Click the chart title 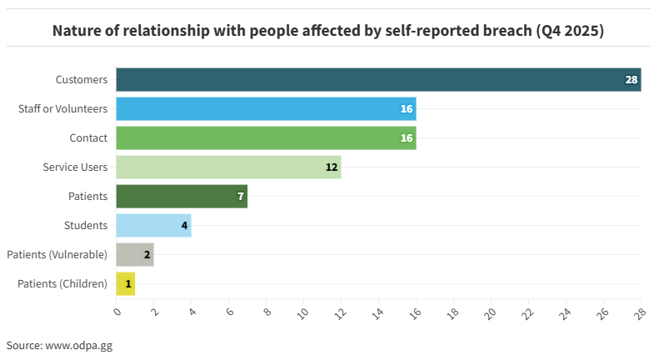[x=328, y=31]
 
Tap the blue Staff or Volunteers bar [x=265, y=109]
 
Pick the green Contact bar [x=265, y=138]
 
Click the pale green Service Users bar [x=227, y=167]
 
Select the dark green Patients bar [x=181, y=197]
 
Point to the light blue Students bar [x=153, y=226]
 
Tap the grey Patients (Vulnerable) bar [x=134, y=255]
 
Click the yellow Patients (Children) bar [x=125, y=284]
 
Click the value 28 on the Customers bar [x=631, y=80]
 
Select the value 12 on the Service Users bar [x=331, y=167]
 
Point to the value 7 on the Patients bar [x=240, y=197]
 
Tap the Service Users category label [x=75, y=167]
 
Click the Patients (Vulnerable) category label [x=57, y=255]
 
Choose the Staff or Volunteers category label [x=62, y=109]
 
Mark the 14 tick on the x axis [x=377, y=312]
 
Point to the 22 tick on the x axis [x=527, y=312]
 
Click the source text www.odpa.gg [x=78, y=345]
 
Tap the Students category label [x=86, y=226]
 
